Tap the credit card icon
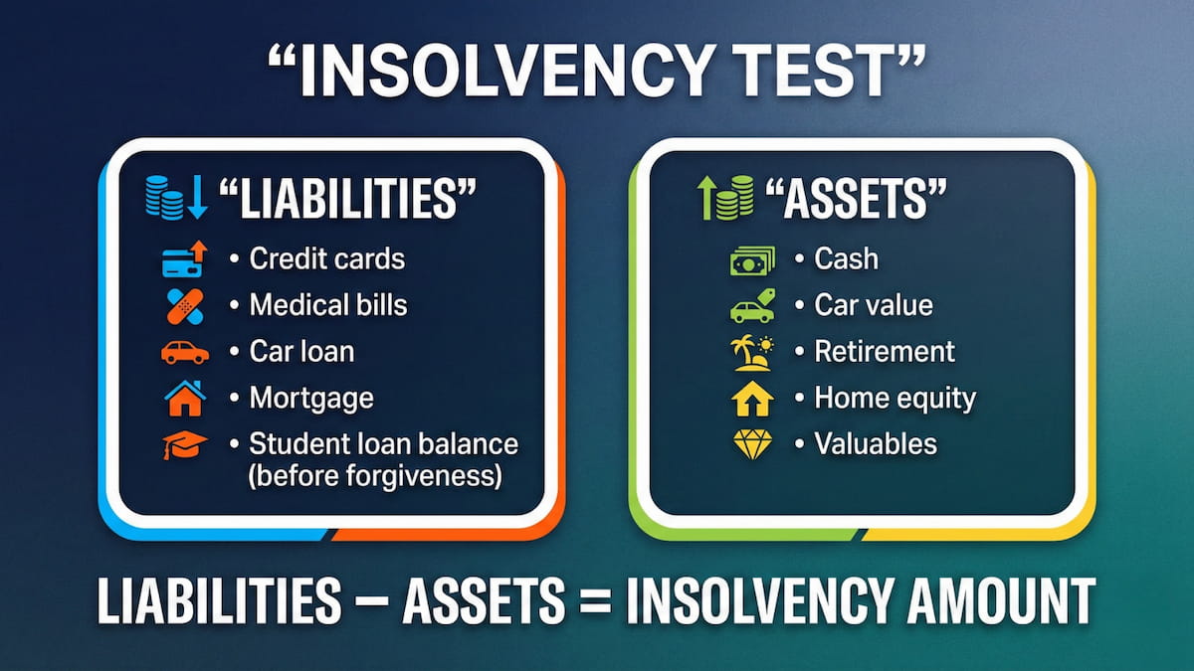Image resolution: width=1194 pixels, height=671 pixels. click(x=184, y=259)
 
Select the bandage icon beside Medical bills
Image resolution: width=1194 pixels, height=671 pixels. click(x=184, y=304)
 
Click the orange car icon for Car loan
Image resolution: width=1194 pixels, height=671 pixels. click(x=184, y=352)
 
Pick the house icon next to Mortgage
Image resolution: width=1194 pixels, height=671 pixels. click(x=184, y=398)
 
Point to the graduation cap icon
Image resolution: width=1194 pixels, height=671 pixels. click(x=184, y=444)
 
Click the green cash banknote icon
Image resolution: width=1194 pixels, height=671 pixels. click(x=751, y=260)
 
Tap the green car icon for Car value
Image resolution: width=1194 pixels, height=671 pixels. click(x=751, y=306)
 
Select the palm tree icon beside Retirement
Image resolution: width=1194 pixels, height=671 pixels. click(x=751, y=352)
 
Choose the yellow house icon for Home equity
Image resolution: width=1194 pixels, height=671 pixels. click(x=751, y=399)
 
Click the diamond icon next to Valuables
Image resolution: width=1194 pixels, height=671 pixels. click(x=751, y=444)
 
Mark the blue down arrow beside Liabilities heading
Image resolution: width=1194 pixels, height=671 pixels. click(x=196, y=197)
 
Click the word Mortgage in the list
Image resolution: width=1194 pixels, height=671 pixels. click(x=311, y=399)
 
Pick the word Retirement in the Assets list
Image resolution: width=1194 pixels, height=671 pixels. click(x=885, y=352)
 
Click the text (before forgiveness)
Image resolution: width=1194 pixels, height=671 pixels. click(x=373, y=476)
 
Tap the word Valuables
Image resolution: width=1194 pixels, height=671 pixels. click(x=876, y=444)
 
